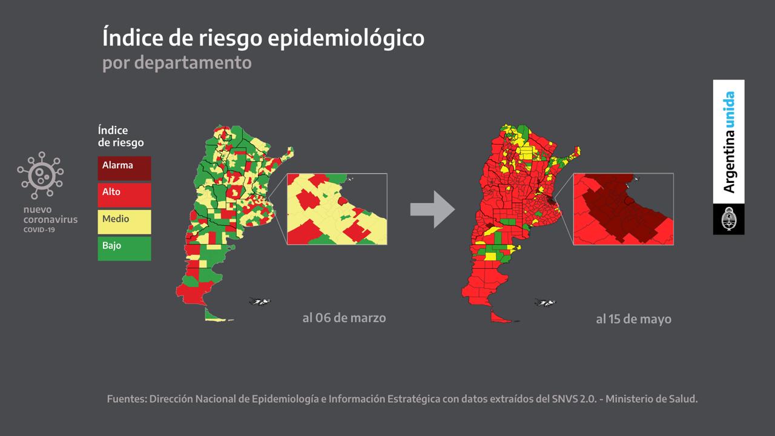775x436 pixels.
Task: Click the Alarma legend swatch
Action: tap(124, 168)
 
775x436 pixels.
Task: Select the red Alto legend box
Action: tap(124, 194)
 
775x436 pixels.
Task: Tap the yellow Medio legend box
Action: tap(124, 221)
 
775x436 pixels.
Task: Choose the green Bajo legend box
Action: tap(124, 248)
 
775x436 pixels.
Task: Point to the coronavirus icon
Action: tap(41, 175)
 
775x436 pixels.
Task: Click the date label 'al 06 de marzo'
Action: tap(344, 317)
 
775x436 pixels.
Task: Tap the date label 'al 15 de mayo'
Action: tap(633, 319)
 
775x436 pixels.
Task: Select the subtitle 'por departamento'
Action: tap(177, 62)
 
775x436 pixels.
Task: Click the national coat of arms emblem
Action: tap(728, 219)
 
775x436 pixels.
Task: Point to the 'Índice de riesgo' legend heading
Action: tap(120, 136)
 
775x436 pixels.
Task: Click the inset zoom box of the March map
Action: tap(337, 209)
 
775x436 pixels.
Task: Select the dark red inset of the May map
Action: tap(623, 209)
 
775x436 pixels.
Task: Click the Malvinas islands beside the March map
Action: tap(259, 302)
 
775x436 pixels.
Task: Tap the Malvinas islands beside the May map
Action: tap(545, 303)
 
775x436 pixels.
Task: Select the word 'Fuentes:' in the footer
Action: tap(125, 399)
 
